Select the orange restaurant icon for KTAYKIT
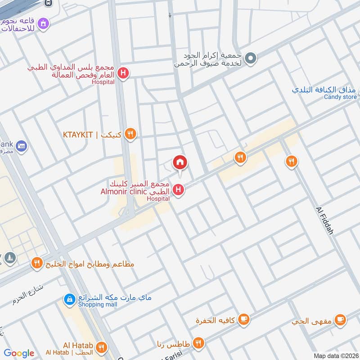pos(130,134)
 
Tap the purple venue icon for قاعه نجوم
pos(43,22)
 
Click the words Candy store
pos(340,97)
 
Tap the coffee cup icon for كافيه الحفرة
pos(243,319)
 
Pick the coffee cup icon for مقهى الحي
pos(341,319)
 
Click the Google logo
pos(19,353)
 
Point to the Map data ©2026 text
pos(335,356)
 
